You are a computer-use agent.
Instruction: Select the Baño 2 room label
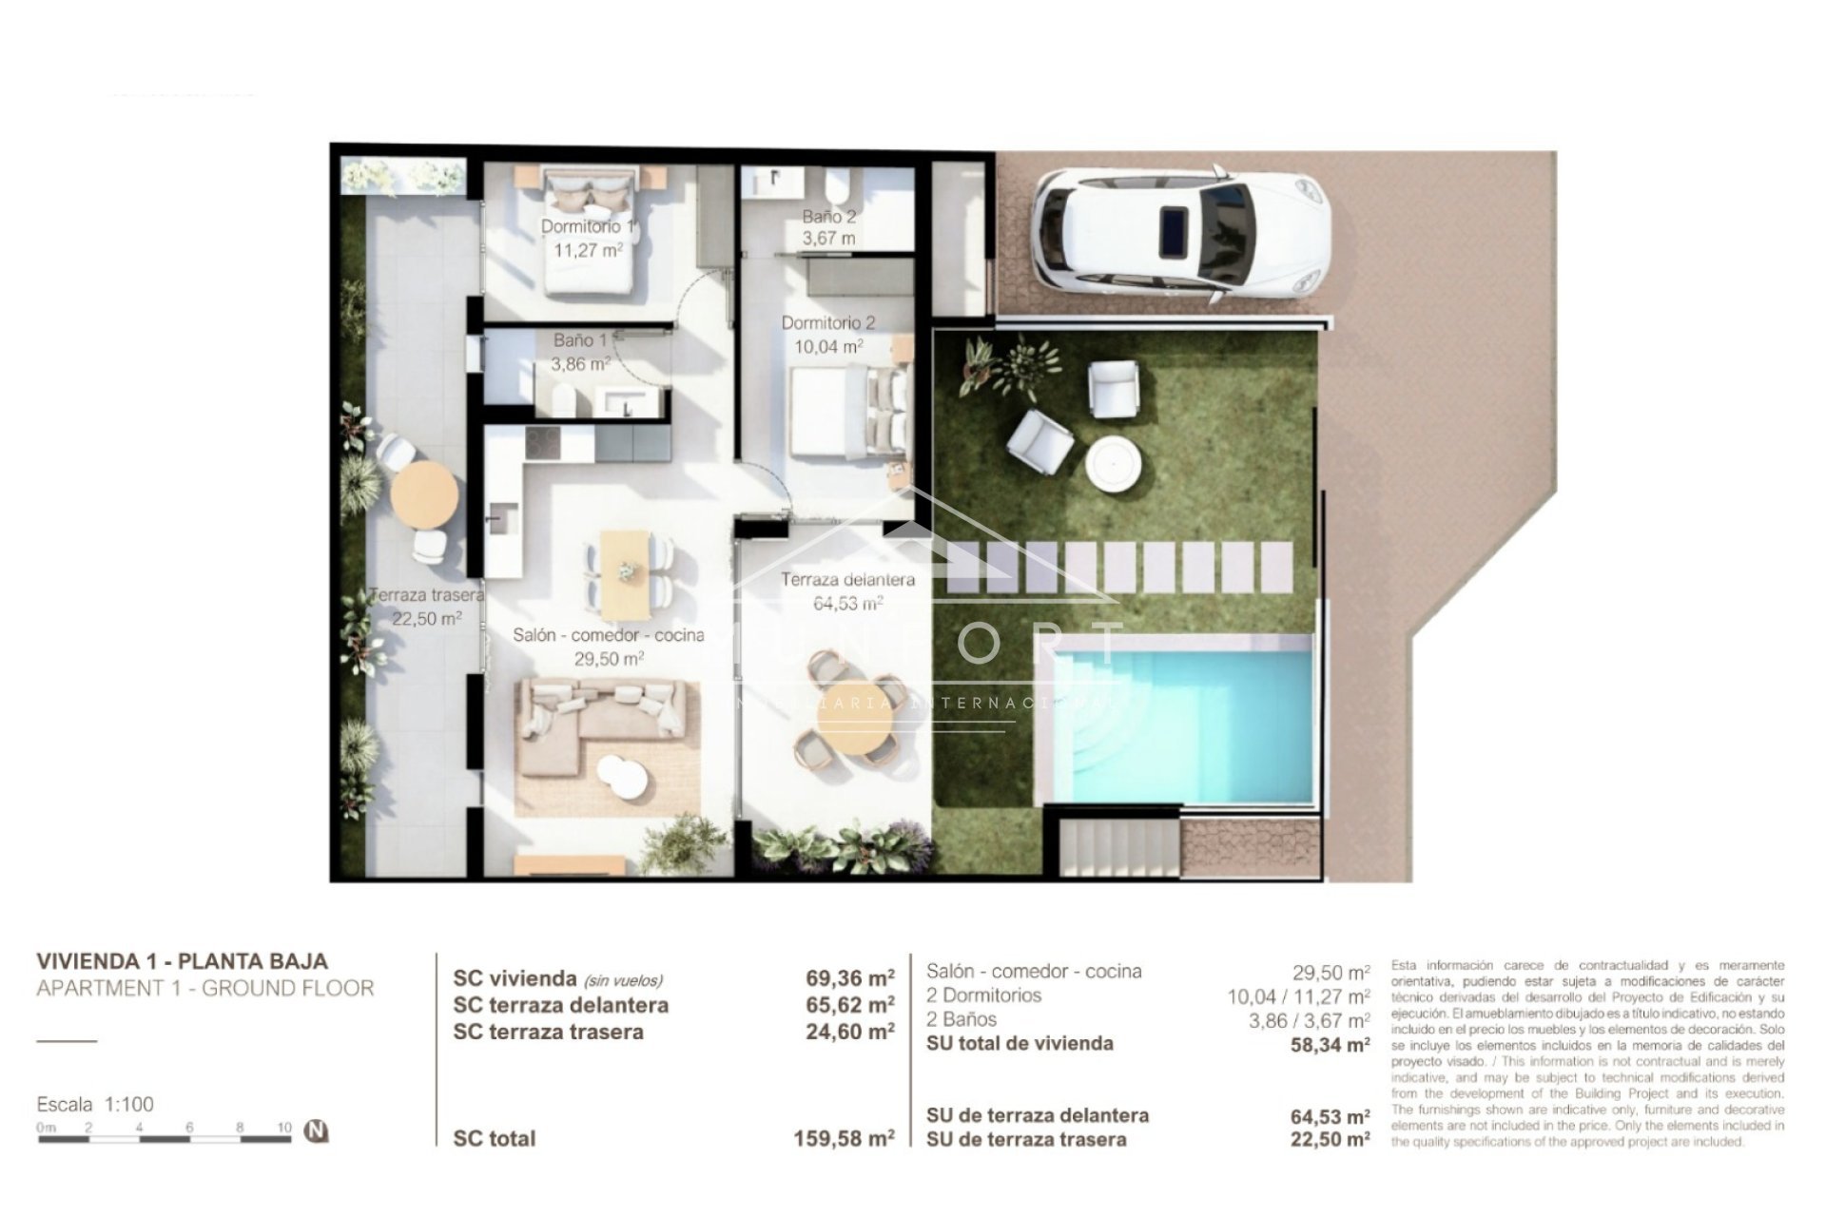coord(828,227)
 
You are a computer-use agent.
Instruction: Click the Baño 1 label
coord(580,351)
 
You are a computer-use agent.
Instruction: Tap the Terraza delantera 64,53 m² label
coord(847,590)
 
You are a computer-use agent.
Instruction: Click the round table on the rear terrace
coord(424,495)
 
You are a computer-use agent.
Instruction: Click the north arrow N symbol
coord(316,1131)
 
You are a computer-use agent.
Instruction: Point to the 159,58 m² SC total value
coord(844,1139)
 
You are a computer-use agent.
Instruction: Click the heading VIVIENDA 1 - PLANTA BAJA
coord(182,961)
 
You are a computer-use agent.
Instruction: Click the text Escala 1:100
coord(95,1105)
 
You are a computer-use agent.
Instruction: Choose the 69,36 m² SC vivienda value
coord(849,978)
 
